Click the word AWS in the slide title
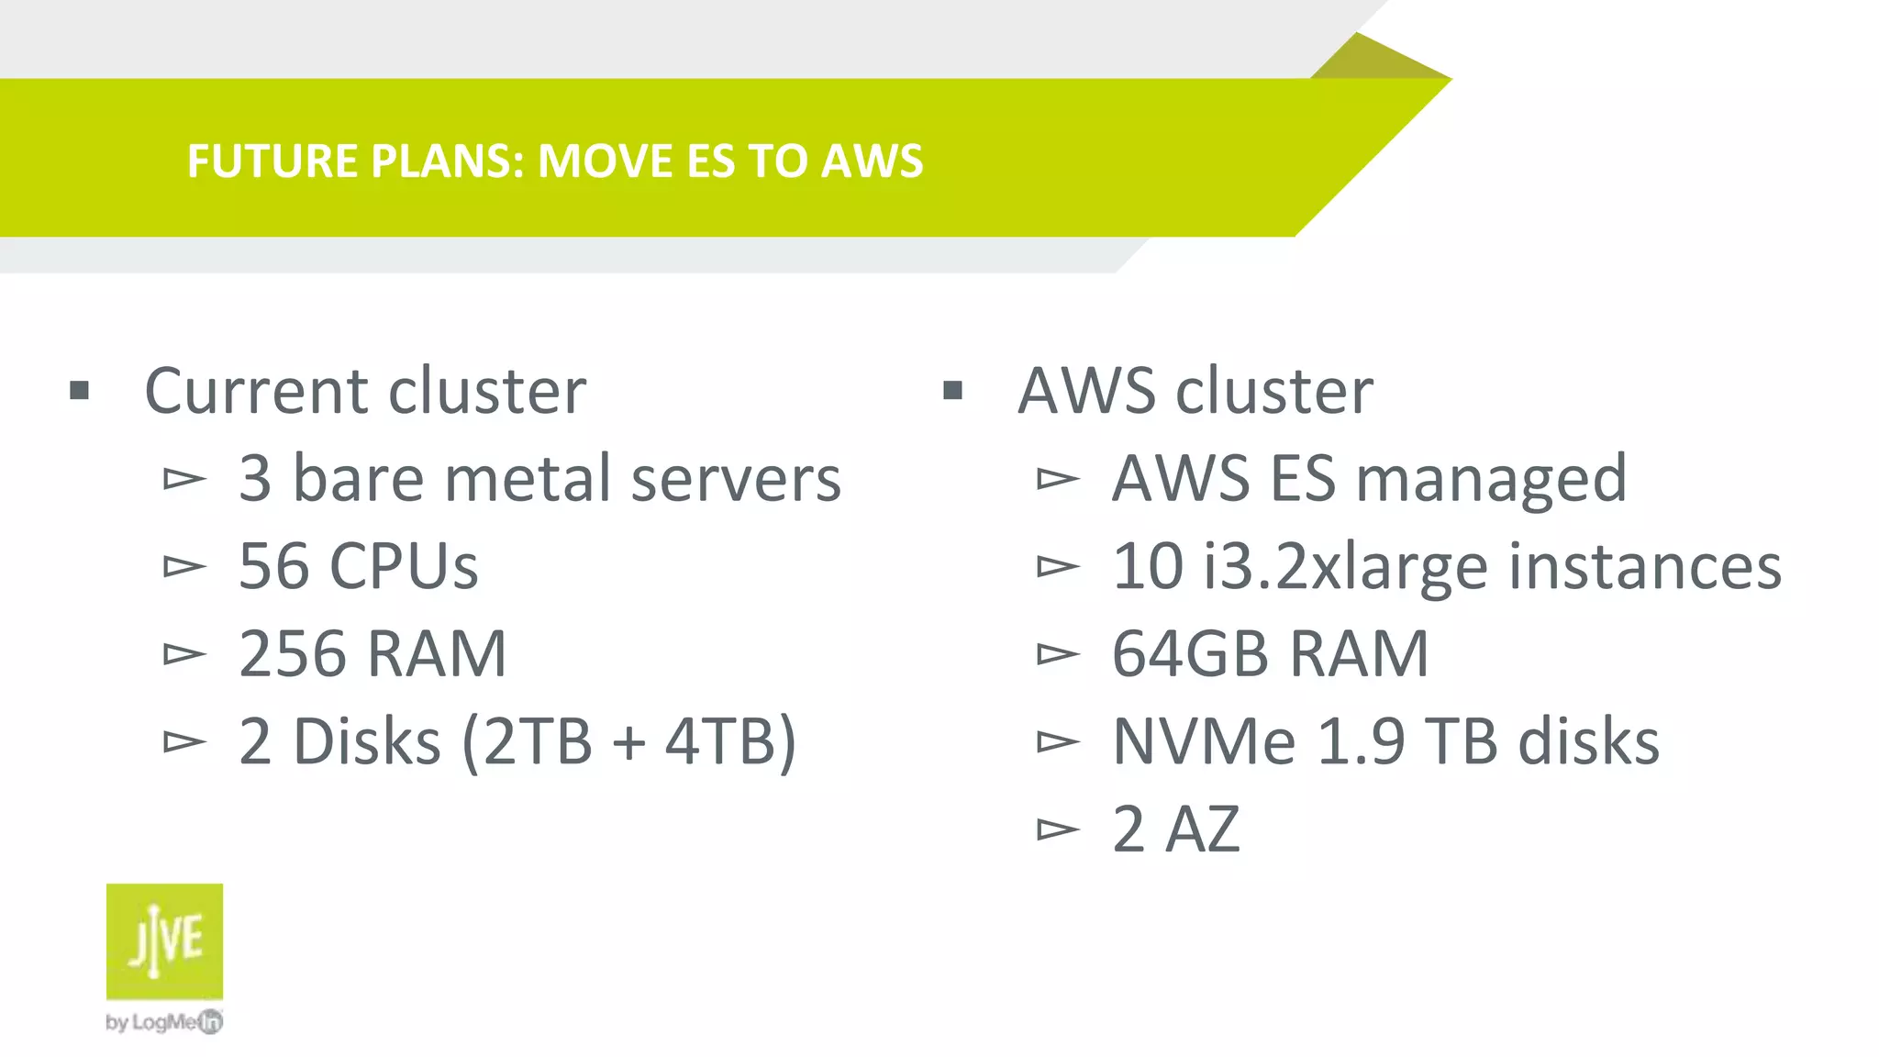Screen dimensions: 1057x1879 point(872,161)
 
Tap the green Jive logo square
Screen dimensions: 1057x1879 point(164,940)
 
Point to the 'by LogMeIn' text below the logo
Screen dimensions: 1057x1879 point(163,1021)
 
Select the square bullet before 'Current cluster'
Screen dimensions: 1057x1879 point(80,392)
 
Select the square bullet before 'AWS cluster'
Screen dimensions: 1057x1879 point(952,392)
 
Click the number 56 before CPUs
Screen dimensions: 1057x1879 point(273,565)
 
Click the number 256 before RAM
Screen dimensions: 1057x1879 point(292,653)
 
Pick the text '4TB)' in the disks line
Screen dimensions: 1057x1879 point(730,741)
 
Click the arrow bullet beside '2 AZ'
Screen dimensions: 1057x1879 point(1057,829)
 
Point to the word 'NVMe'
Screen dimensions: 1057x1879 point(1204,741)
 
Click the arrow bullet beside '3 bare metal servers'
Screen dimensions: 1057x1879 point(183,478)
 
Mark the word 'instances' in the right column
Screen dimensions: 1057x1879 point(1644,565)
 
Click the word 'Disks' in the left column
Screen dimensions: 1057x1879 point(366,741)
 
